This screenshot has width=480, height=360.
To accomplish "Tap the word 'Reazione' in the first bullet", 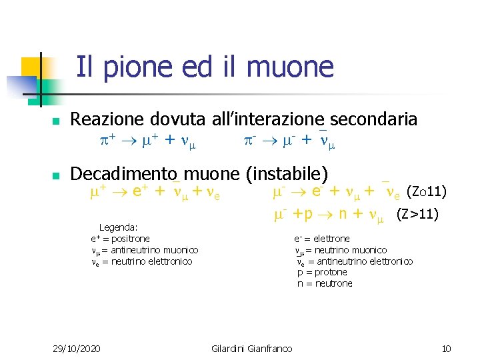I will click(x=107, y=119).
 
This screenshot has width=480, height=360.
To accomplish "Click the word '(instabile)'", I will click(x=286, y=174).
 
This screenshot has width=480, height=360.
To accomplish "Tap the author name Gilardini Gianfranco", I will click(x=251, y=349).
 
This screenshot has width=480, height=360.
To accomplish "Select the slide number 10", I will click(x=447, y=349).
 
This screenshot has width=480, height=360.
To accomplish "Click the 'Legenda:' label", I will click(x=118, y=227).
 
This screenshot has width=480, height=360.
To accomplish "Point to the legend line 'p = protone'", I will click(x=322, y=272).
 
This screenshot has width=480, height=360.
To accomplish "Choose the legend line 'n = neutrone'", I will click(x=325, y=283).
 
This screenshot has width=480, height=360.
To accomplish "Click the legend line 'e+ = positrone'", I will click(x=121, y=239).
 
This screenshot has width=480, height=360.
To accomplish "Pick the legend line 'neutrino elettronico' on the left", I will click(x=141, y=261).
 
